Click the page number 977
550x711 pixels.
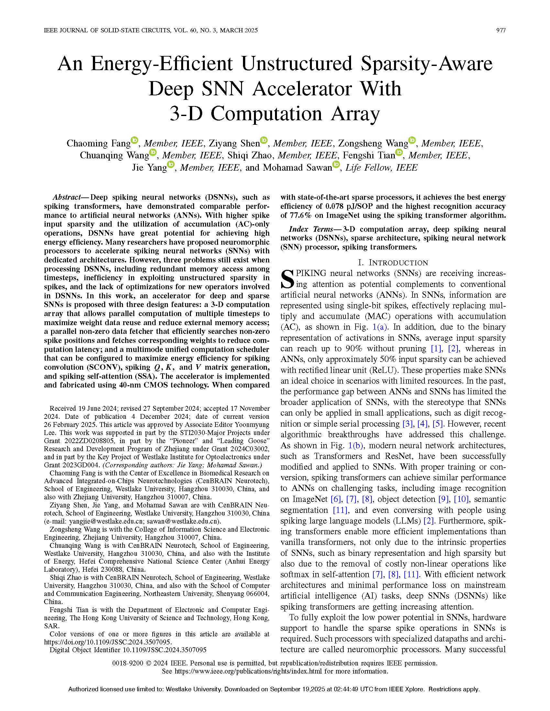click(x=500, y=30)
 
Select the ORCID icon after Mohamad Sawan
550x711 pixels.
click(x=336, y=165)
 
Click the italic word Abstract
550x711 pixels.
click(x=67, y=197)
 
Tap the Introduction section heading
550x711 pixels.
click(x=393, y=262)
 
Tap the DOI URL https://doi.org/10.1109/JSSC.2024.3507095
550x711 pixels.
click(x=107, y=642)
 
